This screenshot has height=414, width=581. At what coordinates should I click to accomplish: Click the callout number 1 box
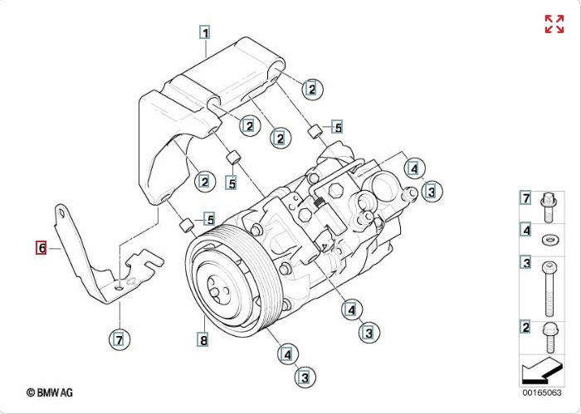tap(205, 32)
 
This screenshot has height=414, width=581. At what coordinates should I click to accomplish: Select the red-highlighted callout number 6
tap(41, 248)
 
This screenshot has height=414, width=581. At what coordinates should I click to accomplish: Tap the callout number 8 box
tap(204, 339)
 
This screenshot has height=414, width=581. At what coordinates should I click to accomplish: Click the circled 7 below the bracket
tap(120, 339)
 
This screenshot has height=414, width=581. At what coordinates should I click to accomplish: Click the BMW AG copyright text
tap(50, 392)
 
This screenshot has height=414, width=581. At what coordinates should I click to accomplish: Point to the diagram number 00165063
tap(542, 392)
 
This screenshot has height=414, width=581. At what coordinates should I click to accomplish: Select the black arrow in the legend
tap(542, 371)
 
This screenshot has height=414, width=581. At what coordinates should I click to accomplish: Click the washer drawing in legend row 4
tap(550, 240)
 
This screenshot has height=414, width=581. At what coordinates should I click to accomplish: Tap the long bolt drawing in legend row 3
tap(549, 289)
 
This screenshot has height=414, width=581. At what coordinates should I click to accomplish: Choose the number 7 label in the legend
tap(526, 198)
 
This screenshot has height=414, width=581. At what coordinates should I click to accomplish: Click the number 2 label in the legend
tap(526, 328)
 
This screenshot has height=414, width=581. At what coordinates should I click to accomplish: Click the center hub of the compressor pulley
tap(214, 292)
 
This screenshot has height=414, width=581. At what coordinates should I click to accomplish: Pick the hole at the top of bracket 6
tap(62, 213)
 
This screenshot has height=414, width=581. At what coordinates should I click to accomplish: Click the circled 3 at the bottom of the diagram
tap(305, 377)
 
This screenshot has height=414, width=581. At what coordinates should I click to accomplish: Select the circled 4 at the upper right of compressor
tap(414, 169)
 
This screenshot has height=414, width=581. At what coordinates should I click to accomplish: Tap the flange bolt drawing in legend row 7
tap(549, 207)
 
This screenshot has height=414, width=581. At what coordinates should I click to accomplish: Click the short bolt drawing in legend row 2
tap(549, 338)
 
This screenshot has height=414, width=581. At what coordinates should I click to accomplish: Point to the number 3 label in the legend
tap(526, 263)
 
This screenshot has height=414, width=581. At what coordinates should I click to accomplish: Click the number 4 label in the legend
tap(526, 231)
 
